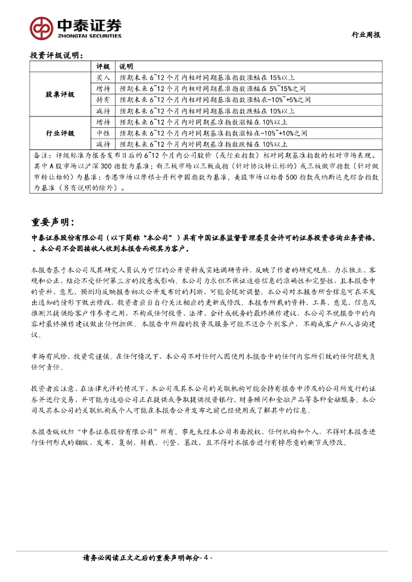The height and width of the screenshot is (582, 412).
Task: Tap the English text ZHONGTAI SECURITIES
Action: click(x=90, y=35)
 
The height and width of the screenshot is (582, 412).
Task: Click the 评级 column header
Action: click(x=102, y=66)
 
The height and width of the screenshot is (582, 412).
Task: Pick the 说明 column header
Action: click(x=125, y=66)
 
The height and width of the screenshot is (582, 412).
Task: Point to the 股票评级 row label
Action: click(x=60, y=94)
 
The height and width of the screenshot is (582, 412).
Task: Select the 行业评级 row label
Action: click(x=60, y=133)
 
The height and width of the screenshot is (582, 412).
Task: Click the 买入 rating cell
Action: click(x=102, y=77)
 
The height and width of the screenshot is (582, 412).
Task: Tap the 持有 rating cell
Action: click(x=102, y=99)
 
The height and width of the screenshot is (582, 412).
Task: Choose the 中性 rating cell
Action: click(x=102, y=133)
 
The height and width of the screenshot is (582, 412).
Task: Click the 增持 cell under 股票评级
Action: click(x=102, y=88)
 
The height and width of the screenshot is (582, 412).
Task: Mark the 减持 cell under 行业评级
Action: click(x=102, y=144)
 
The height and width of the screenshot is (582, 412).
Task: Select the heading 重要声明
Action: click(x=60, y=222)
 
